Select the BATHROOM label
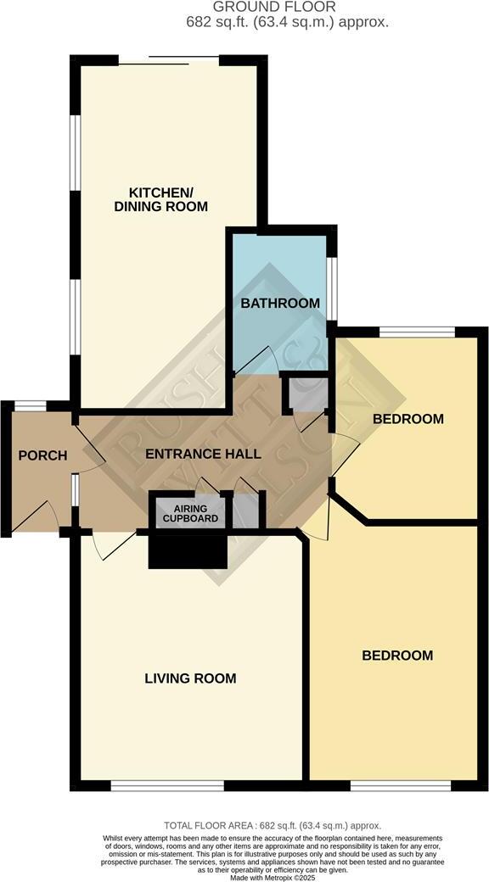(279, 303)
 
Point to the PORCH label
(42, 455)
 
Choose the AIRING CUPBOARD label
(191, 513)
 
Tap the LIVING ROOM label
(190, 678)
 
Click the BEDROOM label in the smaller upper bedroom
(408, 419)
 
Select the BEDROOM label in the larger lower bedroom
(397, 656)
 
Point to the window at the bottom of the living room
(167, 785)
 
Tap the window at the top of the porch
(30, 405)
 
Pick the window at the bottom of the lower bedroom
(400, 785)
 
